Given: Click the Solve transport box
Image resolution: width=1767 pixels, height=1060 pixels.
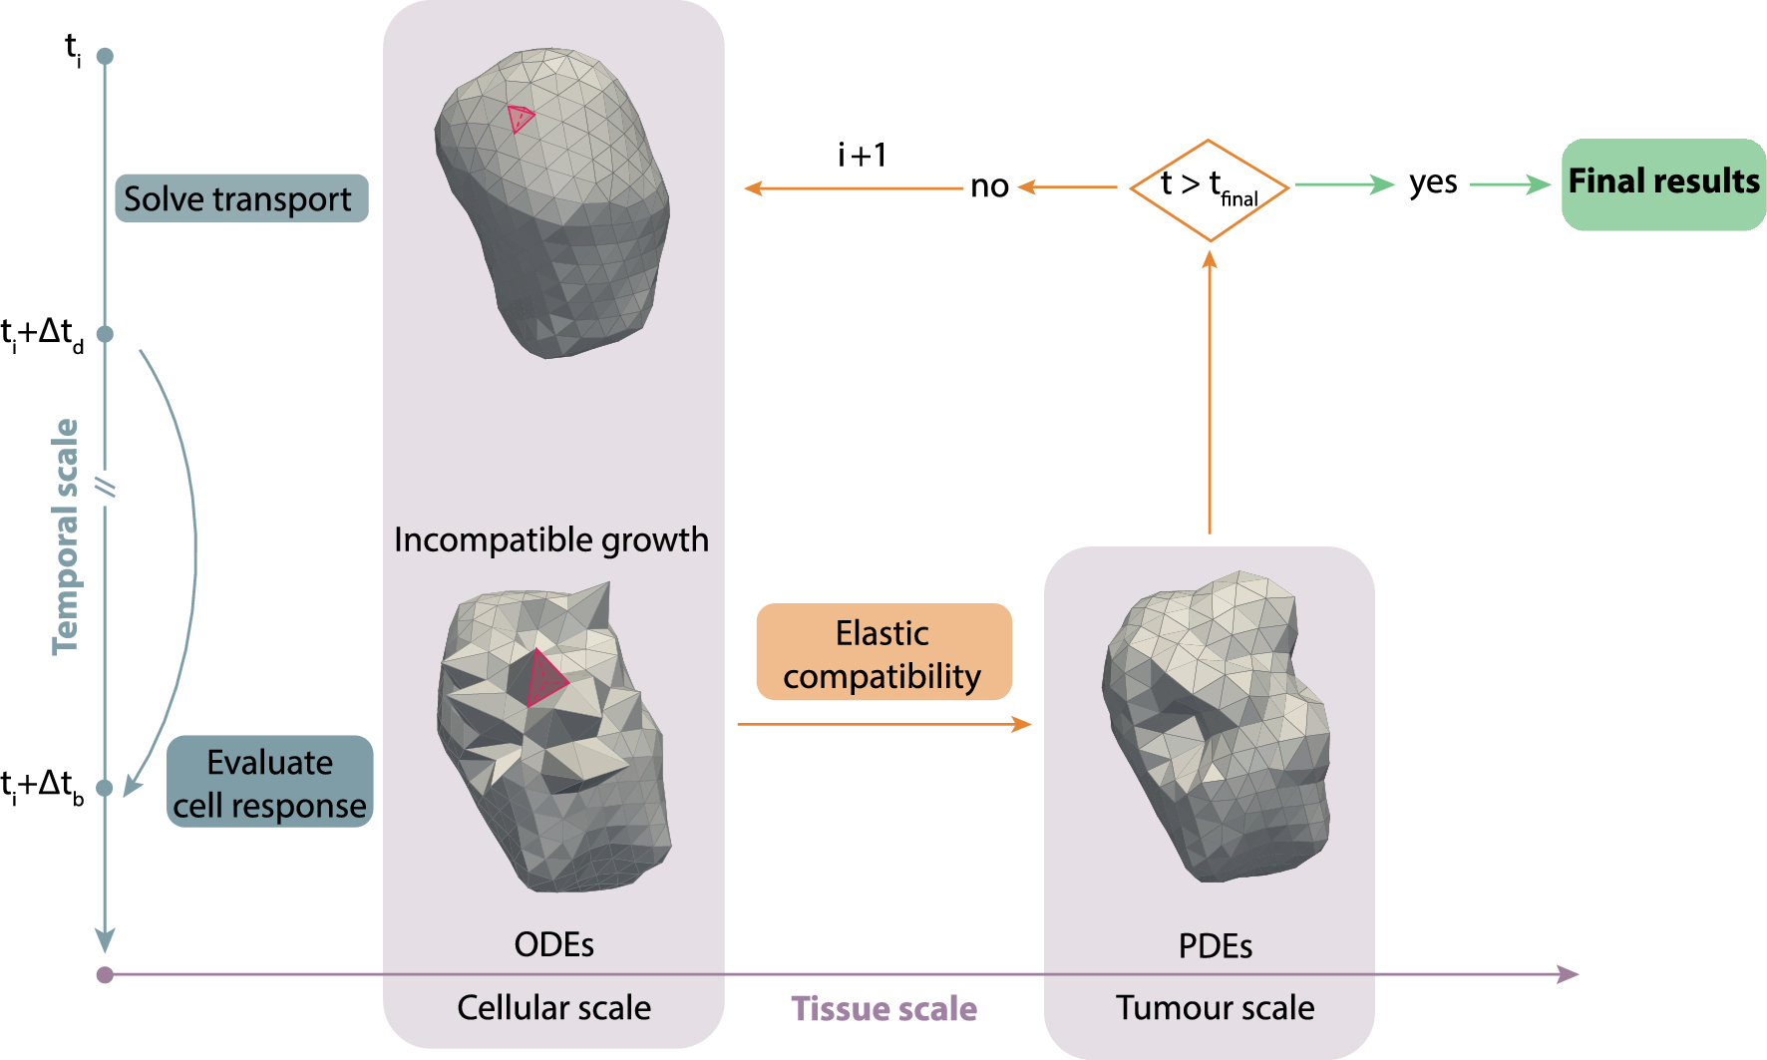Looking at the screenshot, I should pyautogui.click(x=241, y=198).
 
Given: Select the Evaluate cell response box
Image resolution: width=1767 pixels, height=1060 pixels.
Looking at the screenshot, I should pyautogui.click(x=269, y=782).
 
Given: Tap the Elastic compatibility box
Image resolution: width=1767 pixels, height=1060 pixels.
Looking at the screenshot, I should pyautogui.click(x=883, y=652).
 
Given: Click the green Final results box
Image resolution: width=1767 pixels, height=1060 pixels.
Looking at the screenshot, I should pyautogui.click(x=1662, y=184).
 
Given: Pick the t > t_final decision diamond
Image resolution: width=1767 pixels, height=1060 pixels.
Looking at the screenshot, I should pyautogui.click(x=1209, y=189).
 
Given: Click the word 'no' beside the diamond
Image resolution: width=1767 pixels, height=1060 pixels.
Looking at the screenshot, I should pyautogui.click(x=989, y=186).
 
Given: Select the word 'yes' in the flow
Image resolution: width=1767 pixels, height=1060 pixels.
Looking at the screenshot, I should pyautogui.click(x=1433, y=183).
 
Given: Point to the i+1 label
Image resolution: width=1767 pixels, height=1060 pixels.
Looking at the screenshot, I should pyautogui.click(x=862, y=156).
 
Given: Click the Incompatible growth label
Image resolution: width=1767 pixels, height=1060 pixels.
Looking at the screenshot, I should pyautogui.click(x=550, y=539).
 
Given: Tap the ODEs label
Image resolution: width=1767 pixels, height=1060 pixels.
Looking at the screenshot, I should pyautogui.click(x=553, y=944).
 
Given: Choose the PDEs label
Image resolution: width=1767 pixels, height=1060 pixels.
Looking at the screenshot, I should pyautogui.click(x=1215, y=945).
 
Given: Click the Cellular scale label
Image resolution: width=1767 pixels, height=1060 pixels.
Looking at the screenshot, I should pyautogui.click(x=553, y=1007).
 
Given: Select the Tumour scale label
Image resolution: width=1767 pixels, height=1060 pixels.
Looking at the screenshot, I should pyautogui.click(x=1215, y=1007).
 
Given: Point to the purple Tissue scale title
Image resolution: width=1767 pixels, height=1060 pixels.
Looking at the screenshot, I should pyautogui.click(x=883, y=1008).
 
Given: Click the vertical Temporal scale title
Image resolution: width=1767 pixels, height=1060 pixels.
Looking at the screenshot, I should pyautogui.click(x=66, y=536).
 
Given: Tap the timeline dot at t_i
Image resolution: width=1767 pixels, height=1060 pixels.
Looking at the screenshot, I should pyautogui.click(x=105, y=56).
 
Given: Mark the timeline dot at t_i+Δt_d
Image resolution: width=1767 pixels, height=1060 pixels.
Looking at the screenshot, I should pyautogui.click(x=105, y=334).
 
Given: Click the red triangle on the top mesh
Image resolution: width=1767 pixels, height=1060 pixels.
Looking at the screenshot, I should pyautogui.click(x=520, y=119).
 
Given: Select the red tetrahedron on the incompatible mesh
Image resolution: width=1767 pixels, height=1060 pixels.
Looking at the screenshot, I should pyautogui.click(x=544, y=679).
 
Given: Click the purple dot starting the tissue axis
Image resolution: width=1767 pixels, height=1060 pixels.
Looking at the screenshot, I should pyautogui.click(x=105, y=974).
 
